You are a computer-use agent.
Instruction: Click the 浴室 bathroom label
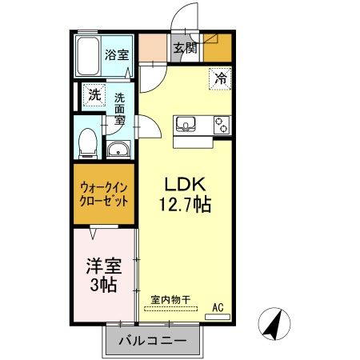[x=117, y=55]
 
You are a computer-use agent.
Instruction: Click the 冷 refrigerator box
[x=220, y=79]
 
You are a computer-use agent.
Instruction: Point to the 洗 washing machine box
[x=94, y=94]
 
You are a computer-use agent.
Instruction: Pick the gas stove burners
[x=221, y=124]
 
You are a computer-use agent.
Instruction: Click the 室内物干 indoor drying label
[x=170, y=299]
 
